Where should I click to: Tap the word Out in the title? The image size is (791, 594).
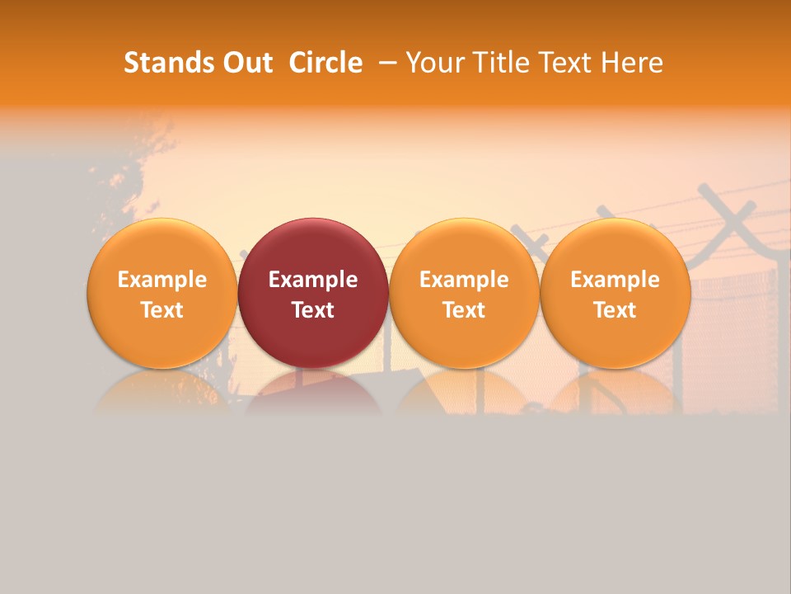click(x=246, y=63)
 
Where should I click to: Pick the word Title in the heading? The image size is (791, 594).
click(x=501, y=63)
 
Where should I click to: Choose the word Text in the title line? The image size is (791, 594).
click(x=566, y=63)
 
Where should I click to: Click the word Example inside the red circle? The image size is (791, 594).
click(x=313, y=280)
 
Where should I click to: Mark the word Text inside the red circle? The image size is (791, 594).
click(x=313, y=310)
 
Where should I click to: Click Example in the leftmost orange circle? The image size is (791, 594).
click(x=161, y=280)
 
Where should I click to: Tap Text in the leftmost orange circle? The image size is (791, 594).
click(x=161, y=310)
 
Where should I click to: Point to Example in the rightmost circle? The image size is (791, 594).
click(x=615, y=280)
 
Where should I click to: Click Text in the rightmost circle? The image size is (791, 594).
click(x=615, y=310)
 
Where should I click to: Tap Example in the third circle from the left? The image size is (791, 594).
click(x=464, y=280)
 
